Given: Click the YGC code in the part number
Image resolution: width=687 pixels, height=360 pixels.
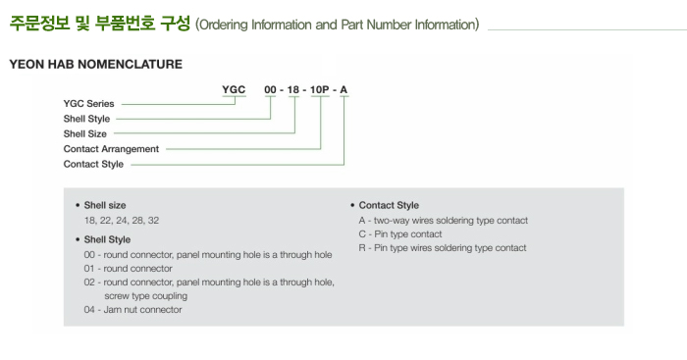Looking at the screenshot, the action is pos(234,89).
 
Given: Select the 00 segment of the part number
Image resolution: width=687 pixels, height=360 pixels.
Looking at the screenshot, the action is pos(270,90).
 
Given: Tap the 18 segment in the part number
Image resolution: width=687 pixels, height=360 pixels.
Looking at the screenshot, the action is pos(293,90).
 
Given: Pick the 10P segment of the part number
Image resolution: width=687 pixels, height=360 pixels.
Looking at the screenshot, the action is pos(319,90).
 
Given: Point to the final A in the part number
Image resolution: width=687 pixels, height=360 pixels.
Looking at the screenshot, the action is pos(343,90).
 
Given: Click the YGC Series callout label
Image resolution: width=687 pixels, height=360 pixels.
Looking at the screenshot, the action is pos(88,104).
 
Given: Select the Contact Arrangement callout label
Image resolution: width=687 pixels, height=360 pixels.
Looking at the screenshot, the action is pos(111,149).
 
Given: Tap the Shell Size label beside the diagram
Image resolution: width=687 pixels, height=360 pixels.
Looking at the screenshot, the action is pos(85,133).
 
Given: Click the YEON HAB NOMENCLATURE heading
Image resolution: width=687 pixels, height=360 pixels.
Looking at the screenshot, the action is pos(96,64).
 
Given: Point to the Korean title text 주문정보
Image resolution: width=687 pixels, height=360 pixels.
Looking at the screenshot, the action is pos(40,24).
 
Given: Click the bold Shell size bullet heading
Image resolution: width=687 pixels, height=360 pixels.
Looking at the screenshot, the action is pos(105,205).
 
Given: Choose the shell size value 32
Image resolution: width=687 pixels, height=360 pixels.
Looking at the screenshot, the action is pos(153,221).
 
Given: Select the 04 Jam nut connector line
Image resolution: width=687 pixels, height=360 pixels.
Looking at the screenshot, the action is pos(132,310).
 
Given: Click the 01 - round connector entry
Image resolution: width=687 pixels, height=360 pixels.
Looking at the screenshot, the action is pos(128,269).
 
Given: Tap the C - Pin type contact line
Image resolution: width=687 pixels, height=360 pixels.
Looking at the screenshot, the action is pos(400,234).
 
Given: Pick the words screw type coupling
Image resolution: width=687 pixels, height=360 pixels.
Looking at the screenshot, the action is pos(145,296).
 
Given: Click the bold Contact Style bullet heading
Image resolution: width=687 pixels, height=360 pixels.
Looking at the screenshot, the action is pos(389,205).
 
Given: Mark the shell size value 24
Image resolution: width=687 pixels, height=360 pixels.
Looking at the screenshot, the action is pos(122,221).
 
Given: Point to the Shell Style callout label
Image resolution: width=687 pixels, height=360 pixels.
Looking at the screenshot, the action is pos(86,119).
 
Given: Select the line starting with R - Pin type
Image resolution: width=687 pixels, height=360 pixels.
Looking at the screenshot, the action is pos(443,248).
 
